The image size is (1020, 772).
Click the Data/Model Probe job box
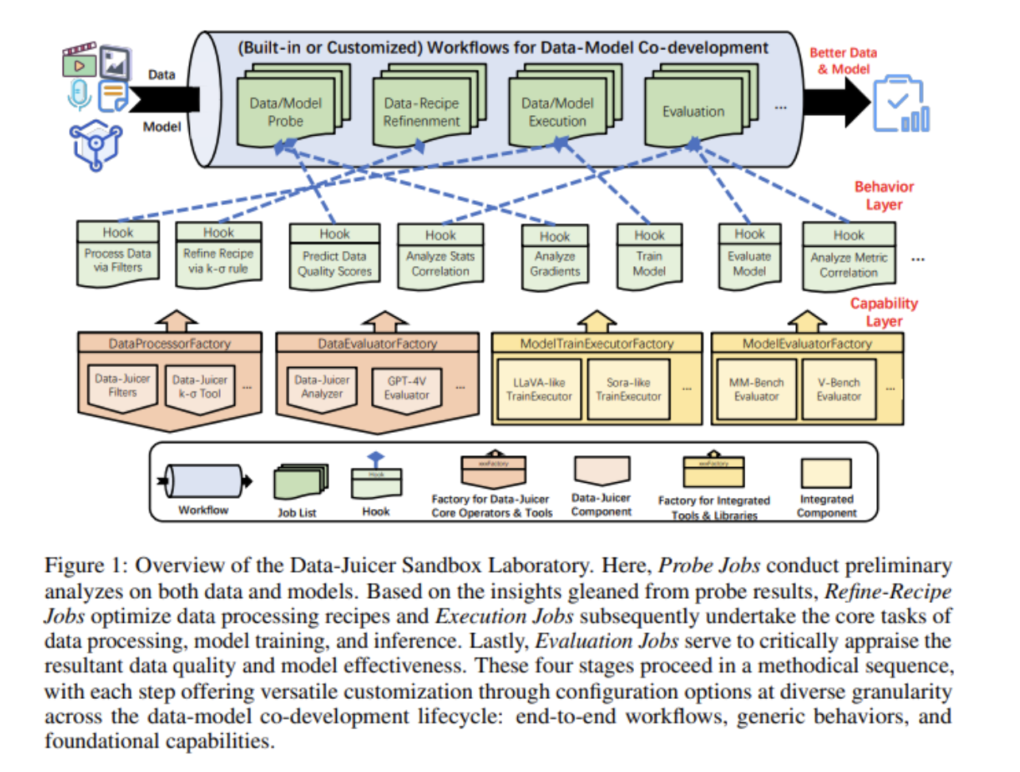pyautogui.click(x=285, y=112)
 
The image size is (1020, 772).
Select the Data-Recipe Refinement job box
pyautogui.click(x=421, y=112)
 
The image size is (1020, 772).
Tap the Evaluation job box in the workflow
pyautogui.click(x=693, y=112)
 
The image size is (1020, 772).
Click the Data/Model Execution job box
pyautogui.click(x=557, y=112)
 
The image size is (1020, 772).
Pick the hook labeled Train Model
pyautogui.click(x=649, y=256)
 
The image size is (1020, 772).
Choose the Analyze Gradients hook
pyautogui.click(x=554, y=257)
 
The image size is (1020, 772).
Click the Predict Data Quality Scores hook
pyautogui.click(x=334, y=256)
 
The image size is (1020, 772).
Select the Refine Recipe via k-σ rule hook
pyautogui.click(x=218, y=254)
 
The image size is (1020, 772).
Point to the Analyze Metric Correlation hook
pyautogui.click(x=848, y=257)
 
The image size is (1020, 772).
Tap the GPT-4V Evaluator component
pyautogui.click(x=407, y=389)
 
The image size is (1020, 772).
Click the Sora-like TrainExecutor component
pyautogui.click(x=628, y=389)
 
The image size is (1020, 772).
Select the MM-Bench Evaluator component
pyautogui.click(x=756, y=389)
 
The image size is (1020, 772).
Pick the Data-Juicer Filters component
pyautogui.click(x=122, y=387)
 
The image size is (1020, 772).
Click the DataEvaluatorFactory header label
pyautogui.click(x=377, y=344)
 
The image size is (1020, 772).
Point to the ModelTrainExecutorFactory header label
pyautogui.click(x=597, y=344)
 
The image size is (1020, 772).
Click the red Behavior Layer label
pyautogui.click(x=883, y=195)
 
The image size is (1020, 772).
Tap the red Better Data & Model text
pyautogui.click(x=843, y=61)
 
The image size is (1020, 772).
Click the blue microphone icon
pyautogui.click(x=79, y=95)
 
